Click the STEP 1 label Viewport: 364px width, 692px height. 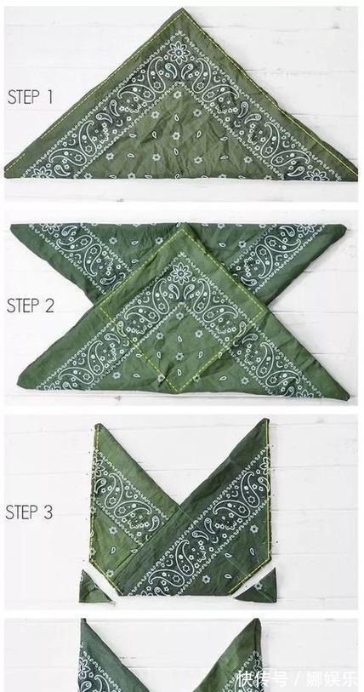coord(30,97)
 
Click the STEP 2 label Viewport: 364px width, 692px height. coord(30,306)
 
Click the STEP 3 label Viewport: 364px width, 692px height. coord(29,512)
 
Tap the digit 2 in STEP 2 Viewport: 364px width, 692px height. coord(49,306)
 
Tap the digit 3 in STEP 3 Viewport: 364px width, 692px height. coord(48,512)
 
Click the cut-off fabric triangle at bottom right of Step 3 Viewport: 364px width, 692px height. coord(260,589)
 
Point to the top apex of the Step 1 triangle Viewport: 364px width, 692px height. coord(182,9)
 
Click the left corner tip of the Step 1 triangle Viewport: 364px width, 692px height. coord(5,175)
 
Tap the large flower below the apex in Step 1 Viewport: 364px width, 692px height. coord(179,52)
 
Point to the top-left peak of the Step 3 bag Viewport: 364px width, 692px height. coord(98,426)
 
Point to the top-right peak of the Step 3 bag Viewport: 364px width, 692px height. coord(266,420)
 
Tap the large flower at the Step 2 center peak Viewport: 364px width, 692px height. coord(180,273)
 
